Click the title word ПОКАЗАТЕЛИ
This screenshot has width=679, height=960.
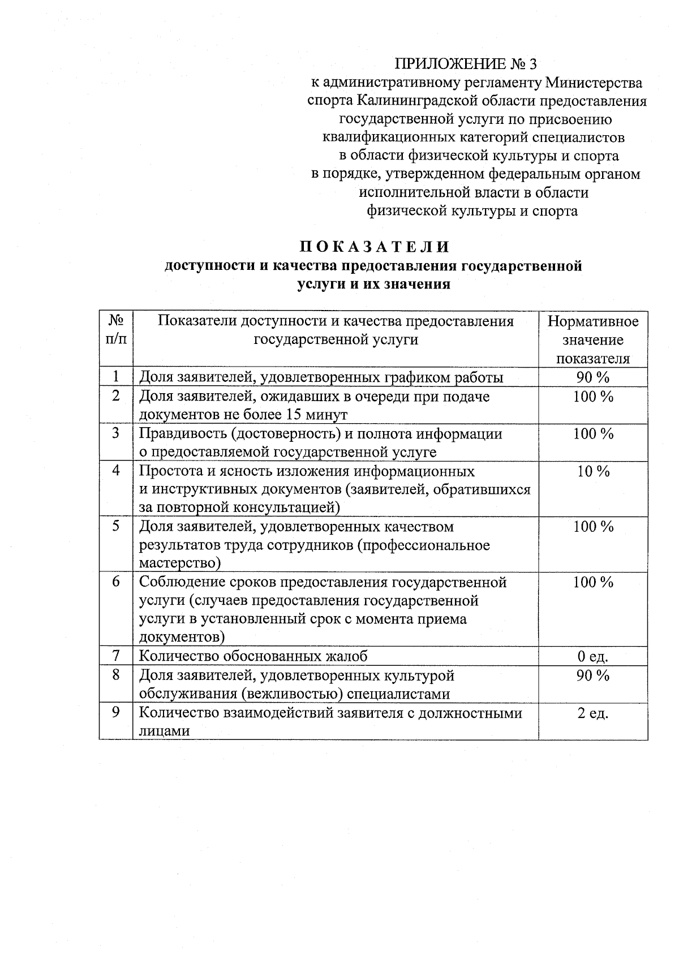[374, 247]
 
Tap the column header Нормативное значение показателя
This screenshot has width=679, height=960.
[592, 340]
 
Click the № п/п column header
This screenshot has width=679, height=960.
[116, 330]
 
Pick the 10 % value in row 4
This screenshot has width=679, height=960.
[593, 471]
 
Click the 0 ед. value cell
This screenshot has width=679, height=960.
[592, 657]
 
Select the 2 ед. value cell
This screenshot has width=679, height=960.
[592, 713]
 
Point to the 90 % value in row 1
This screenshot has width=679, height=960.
[592, 377]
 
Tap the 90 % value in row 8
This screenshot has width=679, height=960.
[592, 675]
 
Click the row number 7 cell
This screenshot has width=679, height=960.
[116, 656]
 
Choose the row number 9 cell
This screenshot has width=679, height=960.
[116, 712]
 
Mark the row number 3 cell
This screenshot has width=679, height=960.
[116, 433]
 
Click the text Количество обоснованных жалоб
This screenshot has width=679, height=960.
[253, 657]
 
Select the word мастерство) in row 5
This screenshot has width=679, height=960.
[179, 563]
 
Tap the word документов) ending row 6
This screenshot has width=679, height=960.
[182, 638]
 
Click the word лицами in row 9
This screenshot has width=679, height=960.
[164, 731]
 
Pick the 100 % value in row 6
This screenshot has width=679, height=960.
[592, 582]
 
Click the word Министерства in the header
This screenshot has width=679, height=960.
[594, 83]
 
